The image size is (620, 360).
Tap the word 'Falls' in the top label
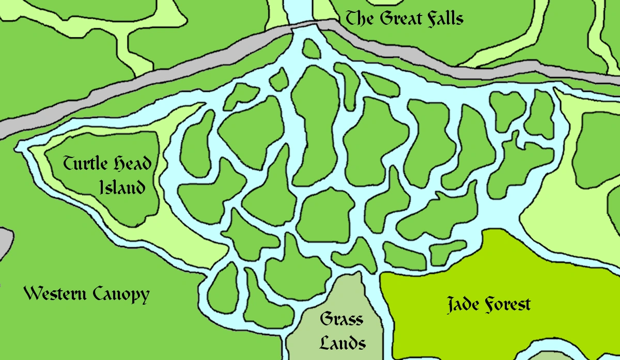pyautogui.click(x=444, y=19)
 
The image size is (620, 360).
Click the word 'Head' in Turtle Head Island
pyautogui.click(x=131, y=165)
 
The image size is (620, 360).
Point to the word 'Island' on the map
pyautogui.click(x=122, y=186)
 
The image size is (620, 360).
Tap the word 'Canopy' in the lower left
pyautogui.click(x=121, y=295)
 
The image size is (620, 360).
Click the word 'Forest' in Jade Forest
pyautogui.click(x=508, y=305)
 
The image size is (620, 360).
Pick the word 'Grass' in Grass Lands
pyautogui.click(x=341, y=320)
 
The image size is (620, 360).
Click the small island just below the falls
pyautogui.click(x=311, y=49)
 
